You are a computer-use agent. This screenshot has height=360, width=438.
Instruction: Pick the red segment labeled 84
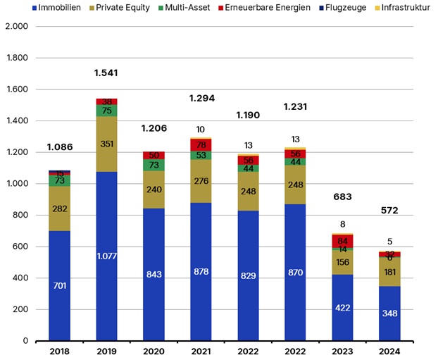[x=343, y=242]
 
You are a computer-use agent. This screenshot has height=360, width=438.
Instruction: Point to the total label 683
[x=343, y=197]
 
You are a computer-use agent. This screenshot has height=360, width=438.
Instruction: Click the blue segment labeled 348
[x=389, y=313]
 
